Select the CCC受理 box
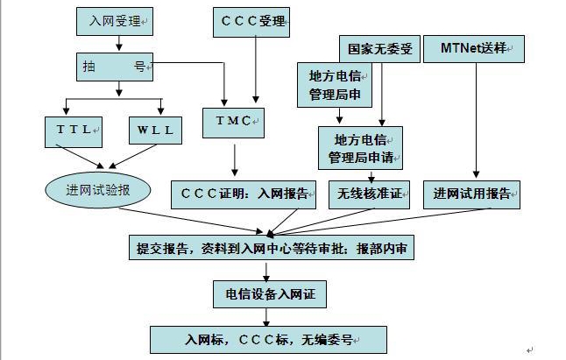253,20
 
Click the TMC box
233,121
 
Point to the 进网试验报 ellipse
98,190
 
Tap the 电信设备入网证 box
271,294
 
